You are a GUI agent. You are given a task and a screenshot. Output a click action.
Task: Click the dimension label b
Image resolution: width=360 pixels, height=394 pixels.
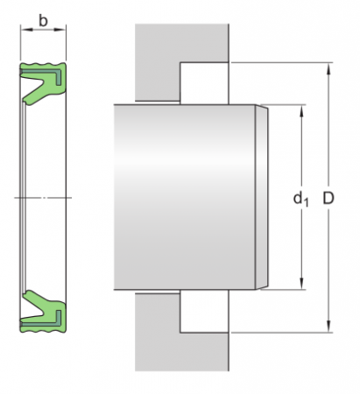click(43, 18)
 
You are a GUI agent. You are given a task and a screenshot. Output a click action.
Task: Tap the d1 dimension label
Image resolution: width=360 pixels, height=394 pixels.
click(300, 200)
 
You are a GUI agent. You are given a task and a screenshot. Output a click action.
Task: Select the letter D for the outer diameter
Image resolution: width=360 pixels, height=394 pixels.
click(328, 199)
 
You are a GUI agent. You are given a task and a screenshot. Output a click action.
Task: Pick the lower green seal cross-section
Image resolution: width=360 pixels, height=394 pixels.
click(43, 311)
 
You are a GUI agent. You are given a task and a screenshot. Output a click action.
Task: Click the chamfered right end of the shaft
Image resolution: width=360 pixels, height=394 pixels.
click(262, 198)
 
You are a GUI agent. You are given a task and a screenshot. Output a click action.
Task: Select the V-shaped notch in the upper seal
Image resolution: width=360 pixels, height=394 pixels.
click(37, 87)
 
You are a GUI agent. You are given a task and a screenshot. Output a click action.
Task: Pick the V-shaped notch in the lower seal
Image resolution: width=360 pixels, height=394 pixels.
click(37, 306)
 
